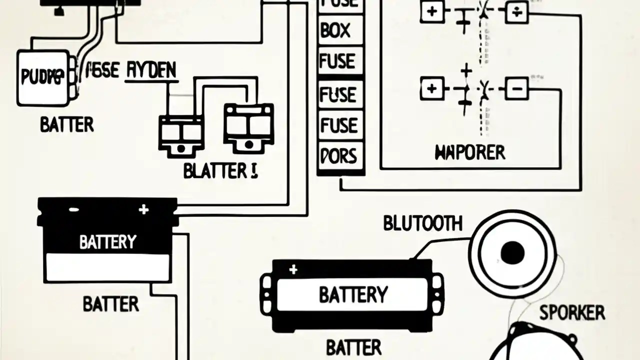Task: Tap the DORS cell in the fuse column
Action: pyautogui.click(x=338, y=156)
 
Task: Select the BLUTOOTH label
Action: pyautogui.click(x=422, y=223)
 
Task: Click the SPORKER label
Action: pyautogui.click(x=572, y=313)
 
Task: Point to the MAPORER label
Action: pyautogui.click(x=470, y=152)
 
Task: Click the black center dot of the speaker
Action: pyautogui.click(x=512, y=253)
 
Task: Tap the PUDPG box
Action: pyautogui.click(x=42, y=77)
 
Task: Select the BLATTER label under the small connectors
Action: pyautogui.click(x=220, y=171)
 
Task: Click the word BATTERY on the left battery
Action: pyautogui.click(x=107, y=242)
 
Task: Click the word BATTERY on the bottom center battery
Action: pyautogui.click(x=353, y=294)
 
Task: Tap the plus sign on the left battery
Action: pyautogui.click(x=144, y=209)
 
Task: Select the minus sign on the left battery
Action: pyautogui.click(x=73, y=209)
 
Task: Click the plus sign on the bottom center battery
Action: pyautogui.click(x=293, y=270)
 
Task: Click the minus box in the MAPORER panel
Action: pyautogui.click(x=516, y=89)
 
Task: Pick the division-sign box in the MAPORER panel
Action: pyautogui.click(x=516, y=12)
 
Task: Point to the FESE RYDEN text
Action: pyautogui.click(x=131, y=71)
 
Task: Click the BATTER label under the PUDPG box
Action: pyautogui.click(x=66, y=124)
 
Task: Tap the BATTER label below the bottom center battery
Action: pyautogui.click(x=353, y=347)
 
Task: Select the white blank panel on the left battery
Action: pyautogui.click(x=107, y=267)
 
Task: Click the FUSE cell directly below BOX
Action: pyautogui.click(x=337, y=62)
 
